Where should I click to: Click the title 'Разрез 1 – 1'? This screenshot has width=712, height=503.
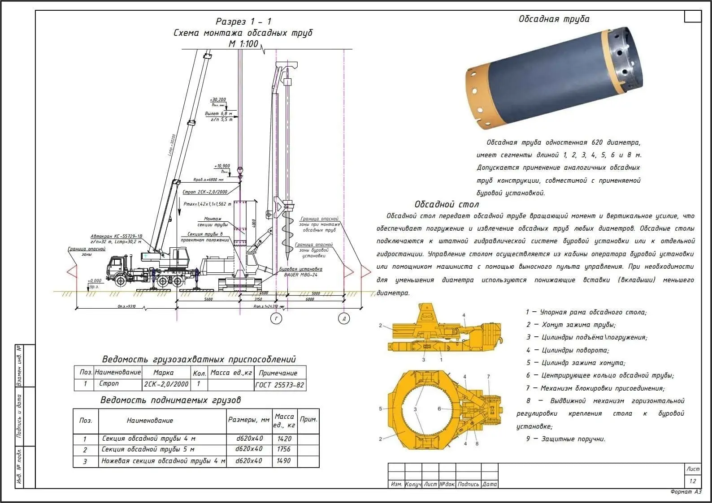pos(243,21)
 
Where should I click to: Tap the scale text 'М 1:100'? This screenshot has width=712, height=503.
pos(243,44)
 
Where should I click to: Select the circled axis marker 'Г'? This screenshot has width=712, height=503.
pos(276,318)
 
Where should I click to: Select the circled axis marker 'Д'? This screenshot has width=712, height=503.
pos(344,318)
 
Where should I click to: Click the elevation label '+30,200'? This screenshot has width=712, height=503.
pos(218,100)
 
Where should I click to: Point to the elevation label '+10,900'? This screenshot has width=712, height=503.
pos(222,166)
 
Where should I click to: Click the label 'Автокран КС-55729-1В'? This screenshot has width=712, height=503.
pos(116,236)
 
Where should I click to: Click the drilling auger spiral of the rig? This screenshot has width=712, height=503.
pos(287,233)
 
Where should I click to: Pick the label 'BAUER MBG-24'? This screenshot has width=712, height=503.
pos(301,275)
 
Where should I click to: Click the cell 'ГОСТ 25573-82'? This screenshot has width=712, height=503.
pos(280,385)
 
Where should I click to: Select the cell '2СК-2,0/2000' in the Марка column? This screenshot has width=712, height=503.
pos(166,384)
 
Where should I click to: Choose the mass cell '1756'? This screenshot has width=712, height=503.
pos(284,449)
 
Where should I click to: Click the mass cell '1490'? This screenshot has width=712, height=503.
pos(284,461)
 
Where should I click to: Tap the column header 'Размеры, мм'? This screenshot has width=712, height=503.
pos(249,420)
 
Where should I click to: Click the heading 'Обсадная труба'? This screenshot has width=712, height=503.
pos(554,19)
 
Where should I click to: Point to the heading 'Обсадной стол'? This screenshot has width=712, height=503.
pos(447,205)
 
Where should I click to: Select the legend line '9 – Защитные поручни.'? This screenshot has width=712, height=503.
pos(565,439)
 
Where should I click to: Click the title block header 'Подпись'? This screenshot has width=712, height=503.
pos(469,484)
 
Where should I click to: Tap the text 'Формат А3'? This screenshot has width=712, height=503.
pos(686,492)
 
